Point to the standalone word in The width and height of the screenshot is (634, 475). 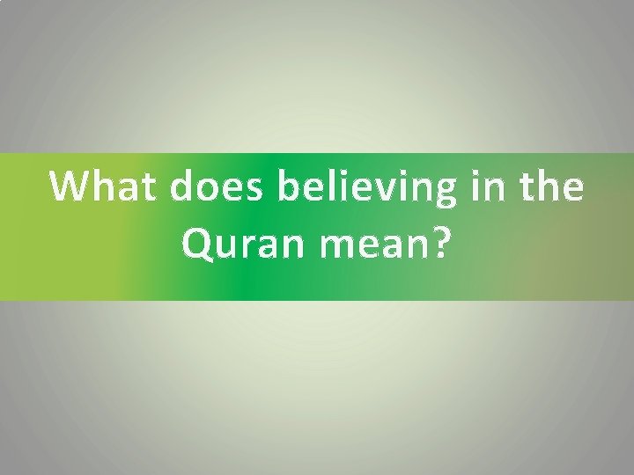coord(487,187)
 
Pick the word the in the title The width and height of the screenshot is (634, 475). coord(552,187)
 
